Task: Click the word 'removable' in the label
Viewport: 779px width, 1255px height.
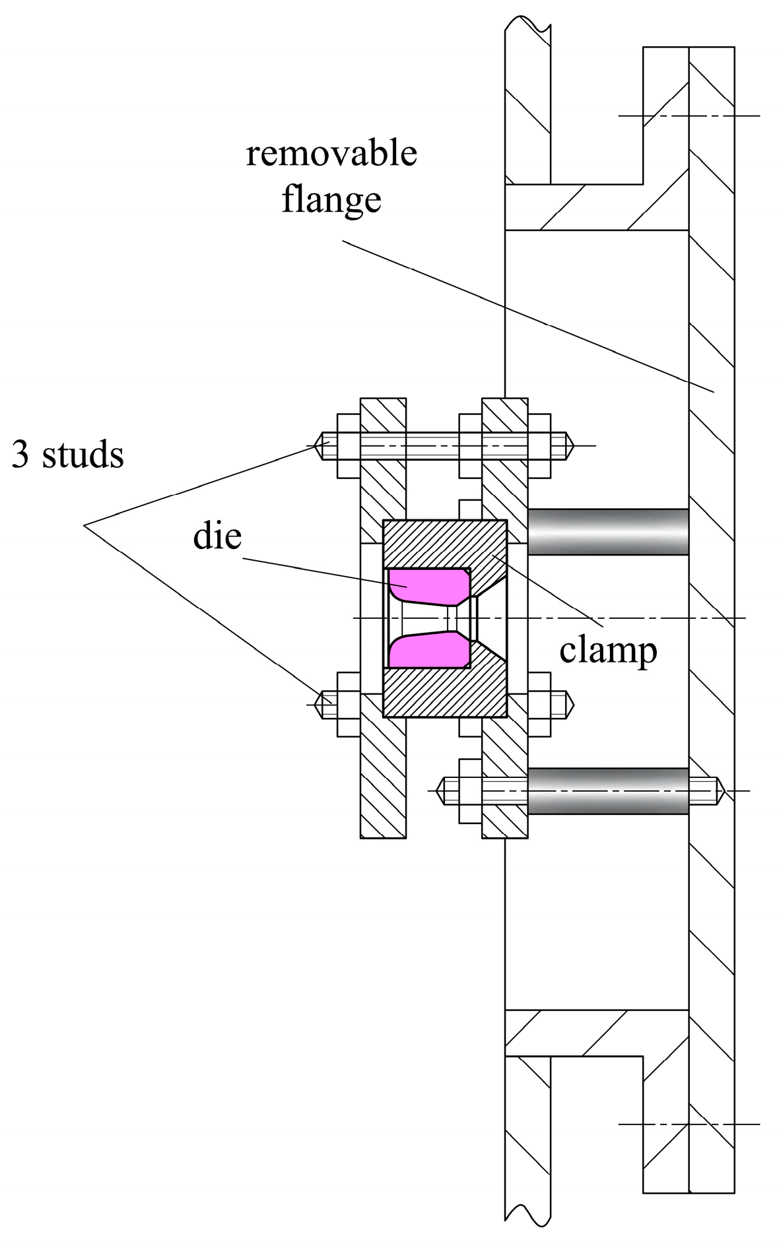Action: click(331, 154)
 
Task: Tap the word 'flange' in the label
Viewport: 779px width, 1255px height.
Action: click(331, 199)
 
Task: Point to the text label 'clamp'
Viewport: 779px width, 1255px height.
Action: click(608, 651)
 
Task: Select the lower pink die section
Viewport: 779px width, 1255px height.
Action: click(426, 649)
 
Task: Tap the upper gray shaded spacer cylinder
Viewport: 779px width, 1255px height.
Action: click(607, 531)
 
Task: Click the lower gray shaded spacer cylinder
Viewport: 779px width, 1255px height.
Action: click(607, 790)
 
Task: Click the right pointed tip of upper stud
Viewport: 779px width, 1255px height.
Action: click(571, 446)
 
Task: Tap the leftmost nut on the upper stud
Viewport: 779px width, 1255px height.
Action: click(349, 446)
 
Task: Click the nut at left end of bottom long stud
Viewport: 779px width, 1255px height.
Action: click(469, 790)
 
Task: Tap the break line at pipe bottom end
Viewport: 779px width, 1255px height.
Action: click(526, 1231)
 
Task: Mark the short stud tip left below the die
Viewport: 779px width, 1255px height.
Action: click(323, 705)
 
